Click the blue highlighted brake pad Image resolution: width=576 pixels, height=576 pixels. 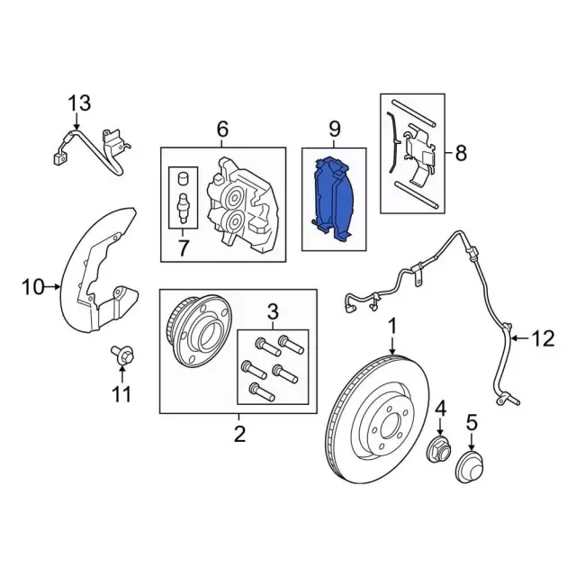click(334, 200)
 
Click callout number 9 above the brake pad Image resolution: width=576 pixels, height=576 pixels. click(334, 130)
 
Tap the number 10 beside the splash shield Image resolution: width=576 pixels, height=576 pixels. click(31, 288)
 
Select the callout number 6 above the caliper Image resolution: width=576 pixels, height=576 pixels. click(221, 130)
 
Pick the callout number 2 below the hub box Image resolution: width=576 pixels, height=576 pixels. click(238, 436)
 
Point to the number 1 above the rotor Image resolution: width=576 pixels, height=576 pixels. click(392, 324)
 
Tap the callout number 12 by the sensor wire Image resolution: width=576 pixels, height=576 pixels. click(543, 339)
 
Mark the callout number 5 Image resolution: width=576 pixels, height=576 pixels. click(472, 420)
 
